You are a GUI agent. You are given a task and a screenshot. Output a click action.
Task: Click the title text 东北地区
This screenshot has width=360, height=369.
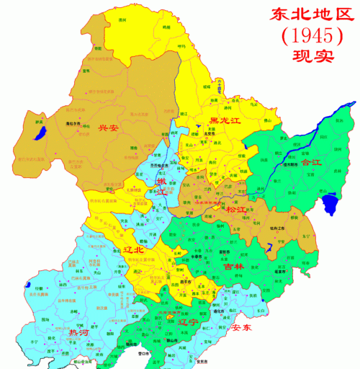pos(303,14)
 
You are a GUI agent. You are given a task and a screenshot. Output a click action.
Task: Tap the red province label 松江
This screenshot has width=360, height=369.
pos(235,209)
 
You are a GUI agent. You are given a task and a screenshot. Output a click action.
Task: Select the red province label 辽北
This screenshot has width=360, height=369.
pos(134,249)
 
